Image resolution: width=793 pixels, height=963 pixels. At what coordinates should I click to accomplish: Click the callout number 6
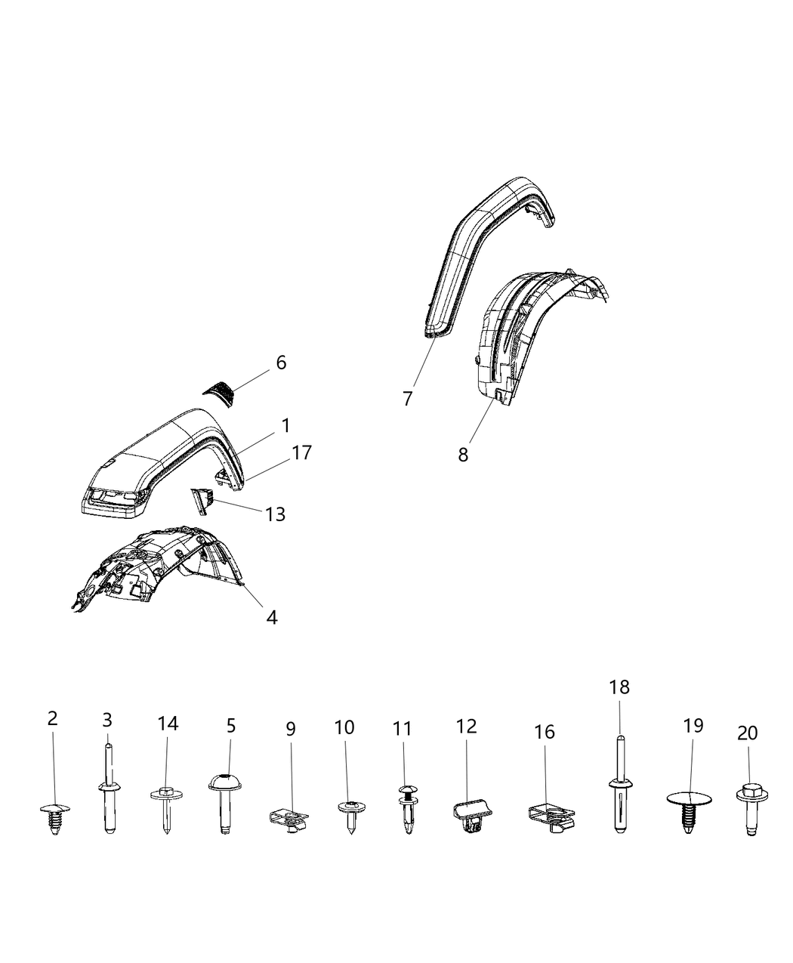point(281,363)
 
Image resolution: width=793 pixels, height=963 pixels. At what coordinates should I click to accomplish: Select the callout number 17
point(301,452)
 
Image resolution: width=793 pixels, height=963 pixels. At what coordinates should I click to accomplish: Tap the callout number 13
point(276,514)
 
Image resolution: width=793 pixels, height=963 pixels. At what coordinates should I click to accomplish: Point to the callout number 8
point(463,455)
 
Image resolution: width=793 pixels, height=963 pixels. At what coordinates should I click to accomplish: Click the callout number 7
point(408,399)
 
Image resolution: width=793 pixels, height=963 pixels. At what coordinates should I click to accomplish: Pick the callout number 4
point(271,617)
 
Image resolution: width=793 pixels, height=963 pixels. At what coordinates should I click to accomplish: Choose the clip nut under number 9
point(289,816)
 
